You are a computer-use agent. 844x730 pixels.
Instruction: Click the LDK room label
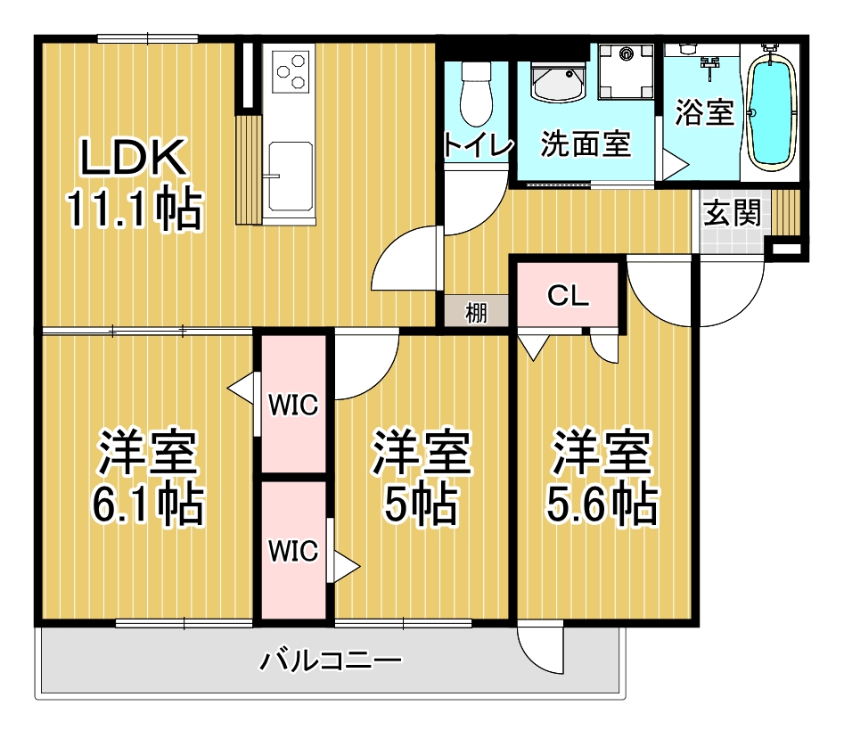134,157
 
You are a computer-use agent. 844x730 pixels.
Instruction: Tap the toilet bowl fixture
476,94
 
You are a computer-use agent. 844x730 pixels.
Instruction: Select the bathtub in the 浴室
773,111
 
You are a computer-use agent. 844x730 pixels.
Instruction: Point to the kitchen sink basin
291,176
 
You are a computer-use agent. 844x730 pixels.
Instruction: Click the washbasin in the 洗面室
558,82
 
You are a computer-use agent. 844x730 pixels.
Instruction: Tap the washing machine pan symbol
626,71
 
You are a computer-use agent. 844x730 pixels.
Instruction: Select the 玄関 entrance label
732,212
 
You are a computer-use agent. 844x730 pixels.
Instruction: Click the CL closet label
568,295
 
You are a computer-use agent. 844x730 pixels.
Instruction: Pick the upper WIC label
293,405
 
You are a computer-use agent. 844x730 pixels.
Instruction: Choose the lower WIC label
293,551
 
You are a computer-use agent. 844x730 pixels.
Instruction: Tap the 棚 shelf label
476,313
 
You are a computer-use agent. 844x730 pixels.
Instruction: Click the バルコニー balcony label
331,660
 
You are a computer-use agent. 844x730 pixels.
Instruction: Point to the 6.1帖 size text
148,505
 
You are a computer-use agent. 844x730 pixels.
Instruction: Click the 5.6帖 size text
602,505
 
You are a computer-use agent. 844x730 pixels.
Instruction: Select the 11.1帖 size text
134,209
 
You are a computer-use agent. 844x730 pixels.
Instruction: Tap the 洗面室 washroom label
585,144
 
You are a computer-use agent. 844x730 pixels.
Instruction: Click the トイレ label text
478,144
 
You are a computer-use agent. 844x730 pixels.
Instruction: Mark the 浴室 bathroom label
704,112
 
